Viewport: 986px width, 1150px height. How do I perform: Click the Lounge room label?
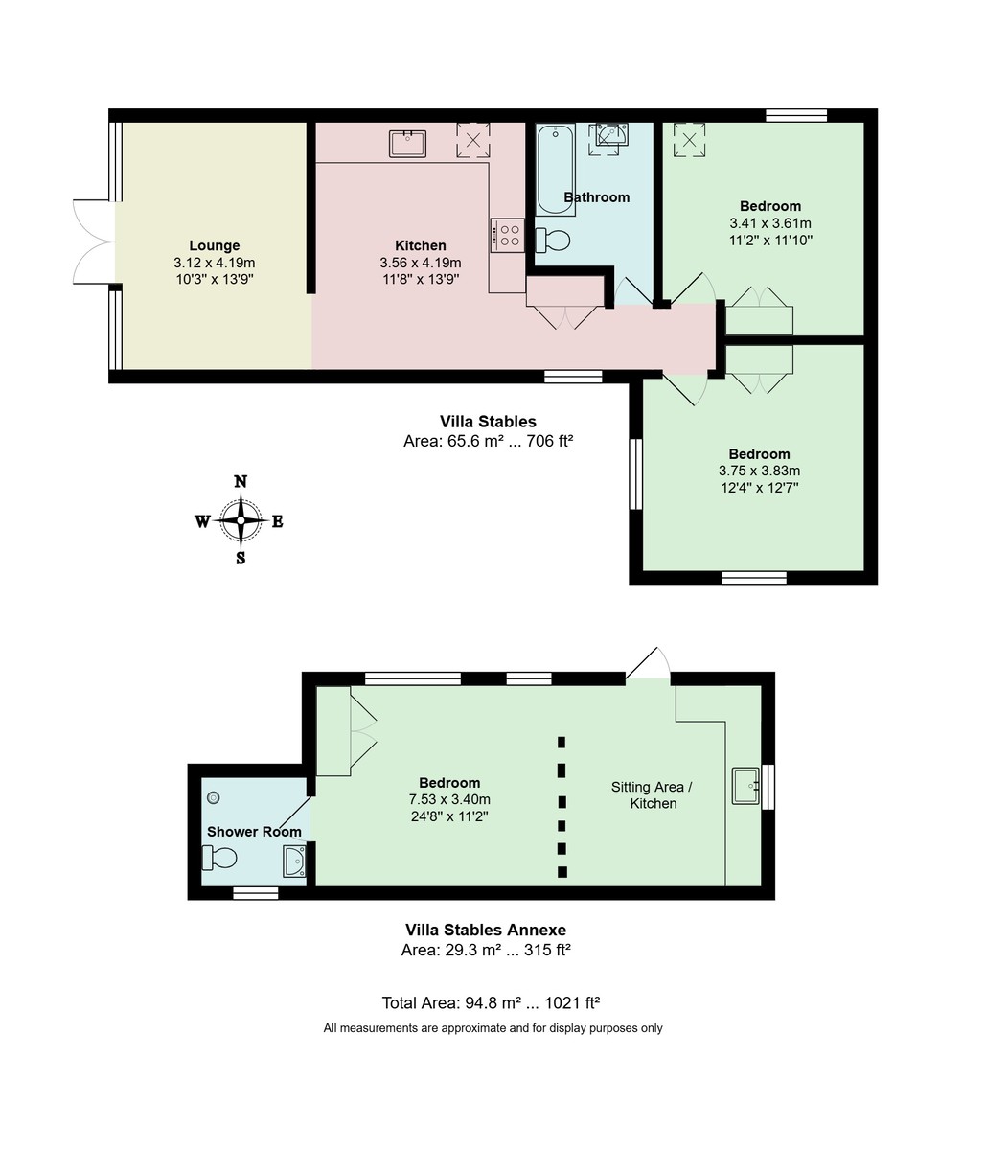(x=214, y=245)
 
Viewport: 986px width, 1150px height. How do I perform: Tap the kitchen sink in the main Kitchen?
(x=407, y=143)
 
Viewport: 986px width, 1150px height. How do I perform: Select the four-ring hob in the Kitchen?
(x=507, y=235)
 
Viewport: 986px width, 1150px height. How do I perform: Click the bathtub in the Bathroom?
(x=555, y=170)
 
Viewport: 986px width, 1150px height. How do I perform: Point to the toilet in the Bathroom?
(x=553, y=239)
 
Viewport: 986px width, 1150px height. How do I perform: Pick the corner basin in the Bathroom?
(x=611, y=137)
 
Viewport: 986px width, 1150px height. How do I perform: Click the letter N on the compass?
(x=241, y=482)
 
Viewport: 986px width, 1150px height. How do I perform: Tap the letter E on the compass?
(x=278, y=522)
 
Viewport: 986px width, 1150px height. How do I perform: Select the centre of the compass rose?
(x=241, y=521)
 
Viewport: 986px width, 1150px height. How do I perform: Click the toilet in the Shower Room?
(x=219, y=857)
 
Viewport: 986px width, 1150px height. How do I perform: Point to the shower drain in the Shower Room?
(x=214, y=797)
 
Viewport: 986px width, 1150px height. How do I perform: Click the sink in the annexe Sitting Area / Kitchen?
(x=745, y=786)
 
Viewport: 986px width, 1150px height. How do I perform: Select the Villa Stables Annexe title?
(x=486, y=930)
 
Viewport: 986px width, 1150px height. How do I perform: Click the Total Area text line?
(x=491, y=1003)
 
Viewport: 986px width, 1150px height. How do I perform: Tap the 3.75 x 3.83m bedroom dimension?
(x=759, y=471)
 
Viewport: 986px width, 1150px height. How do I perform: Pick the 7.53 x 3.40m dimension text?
(x=449, y=799)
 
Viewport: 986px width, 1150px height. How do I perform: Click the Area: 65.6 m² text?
(x=488, y=442)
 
